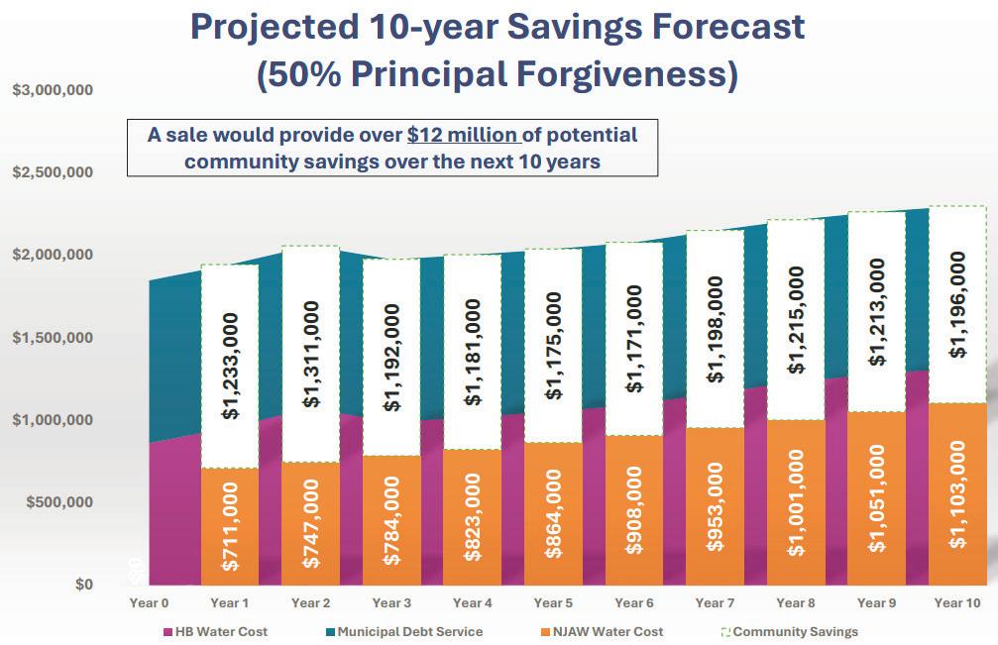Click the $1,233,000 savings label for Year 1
tap(231, 368)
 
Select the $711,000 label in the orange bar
tap(231, 526)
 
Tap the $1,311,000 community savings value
tap(311, 354)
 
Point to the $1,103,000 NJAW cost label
tap(958, 494)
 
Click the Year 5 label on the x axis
tap(554, 602)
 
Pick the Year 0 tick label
tap(150, 602)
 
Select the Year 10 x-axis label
tap(958, 602)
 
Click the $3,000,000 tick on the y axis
tap(53, 90)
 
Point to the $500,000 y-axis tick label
tap(56, 502)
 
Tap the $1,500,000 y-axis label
tap(53, 338)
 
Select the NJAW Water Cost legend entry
tap(602, 631)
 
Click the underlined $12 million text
tap(463, 135)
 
